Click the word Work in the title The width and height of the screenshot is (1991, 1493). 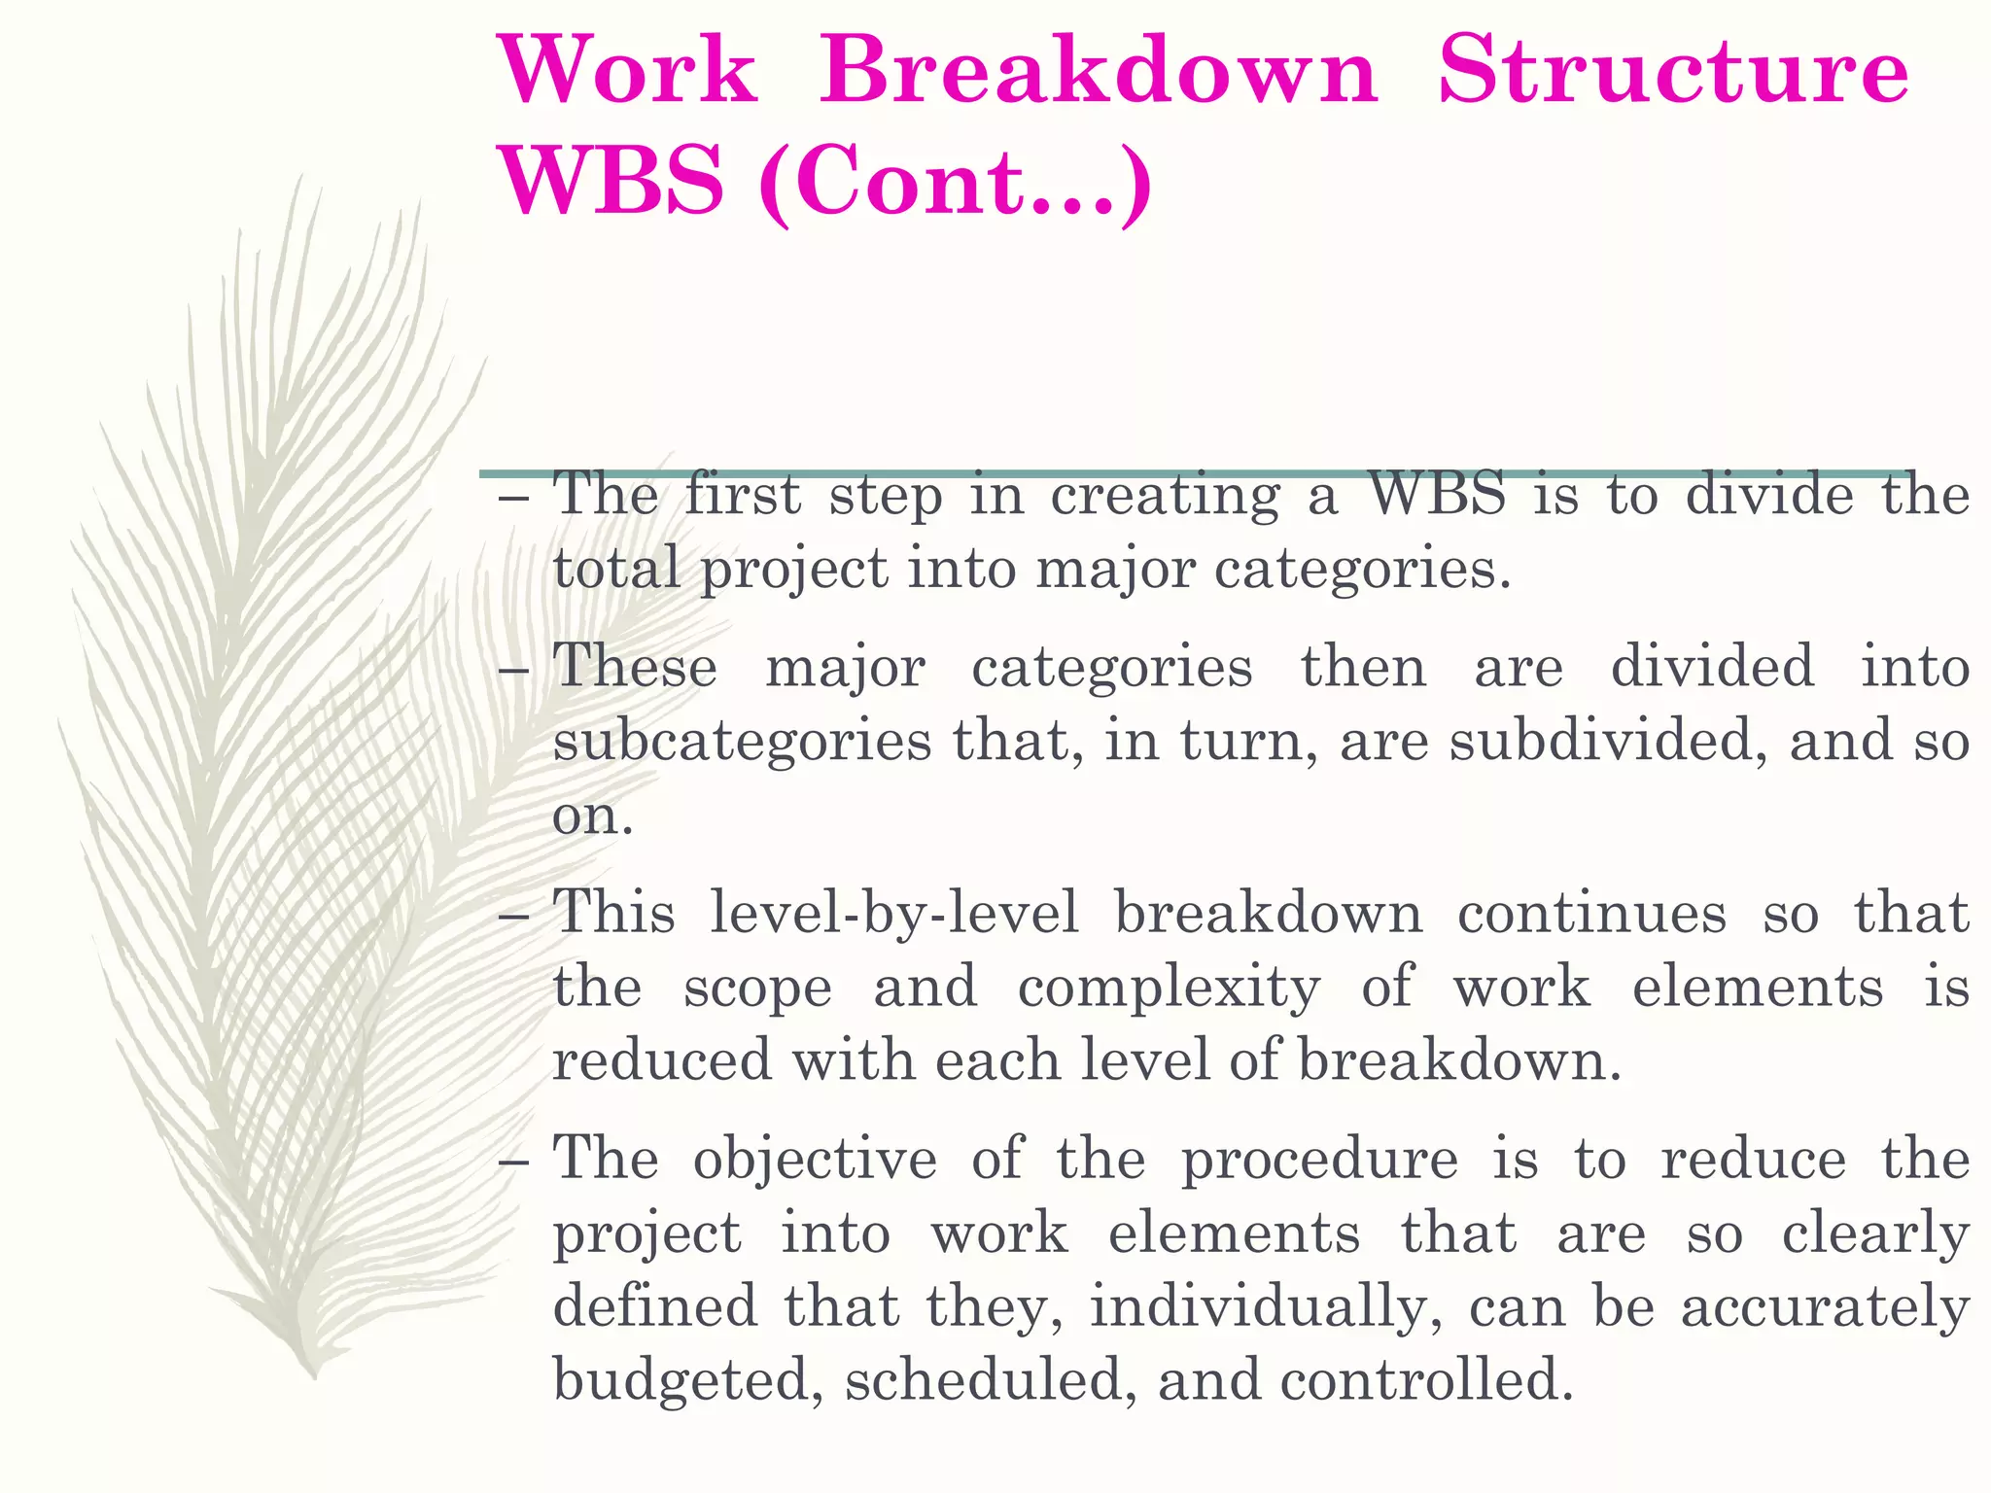point(627,72)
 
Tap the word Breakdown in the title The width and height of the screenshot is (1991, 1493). point(1098,72)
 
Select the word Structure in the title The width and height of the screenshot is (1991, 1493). point(1673,72)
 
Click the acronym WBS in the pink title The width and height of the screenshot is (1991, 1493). point(611,182)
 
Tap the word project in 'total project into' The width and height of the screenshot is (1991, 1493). point(794,570)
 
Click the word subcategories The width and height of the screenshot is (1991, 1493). point(742,742)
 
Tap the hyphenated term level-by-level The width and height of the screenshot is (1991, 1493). point(893,914)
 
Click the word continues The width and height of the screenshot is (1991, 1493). point(1591,914)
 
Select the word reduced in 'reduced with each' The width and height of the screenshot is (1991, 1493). point(662,1059)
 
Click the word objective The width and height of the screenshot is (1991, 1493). point(815,1160)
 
